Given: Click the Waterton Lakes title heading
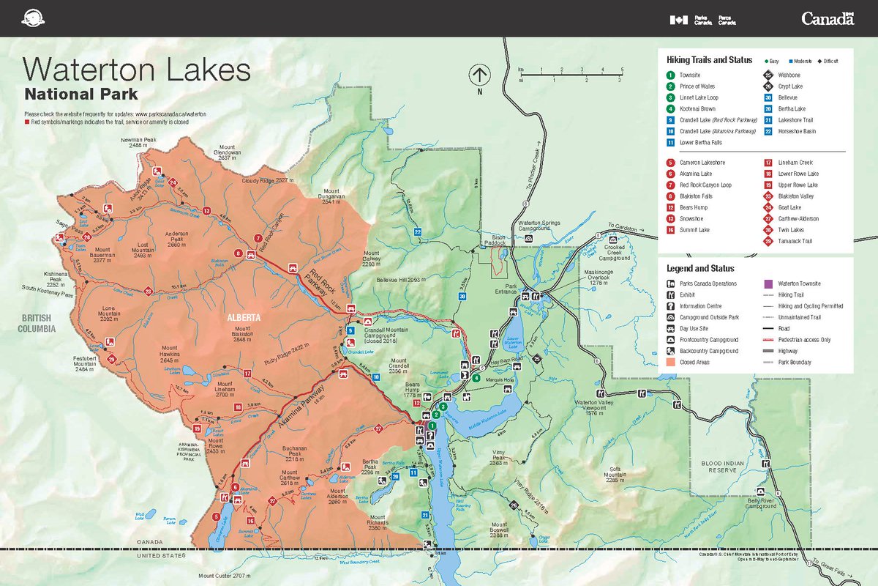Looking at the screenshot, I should click(x=137, y=70).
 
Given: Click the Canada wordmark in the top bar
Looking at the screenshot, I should click(x=828, y=19).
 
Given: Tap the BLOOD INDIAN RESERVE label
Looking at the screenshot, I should click(x=722, y=467).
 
